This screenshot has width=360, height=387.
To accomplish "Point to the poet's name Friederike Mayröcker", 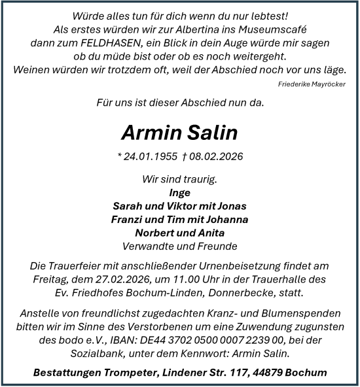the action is [312, 84].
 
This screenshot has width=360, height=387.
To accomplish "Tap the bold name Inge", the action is [179, 193].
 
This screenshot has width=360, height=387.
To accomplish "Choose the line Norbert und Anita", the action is [179, 233].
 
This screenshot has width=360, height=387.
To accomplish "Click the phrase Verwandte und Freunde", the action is [179, 246].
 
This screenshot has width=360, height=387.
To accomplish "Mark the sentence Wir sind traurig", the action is [179, 179].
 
